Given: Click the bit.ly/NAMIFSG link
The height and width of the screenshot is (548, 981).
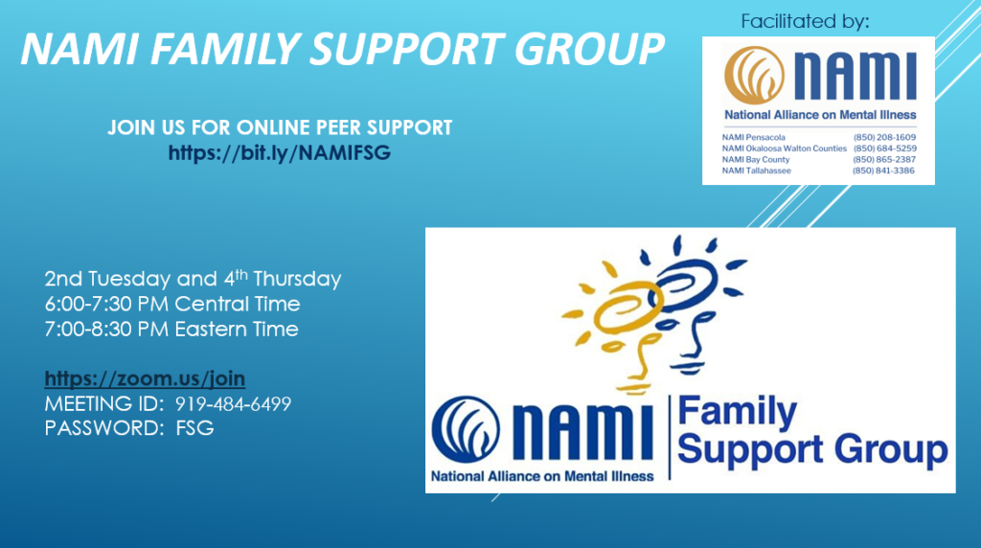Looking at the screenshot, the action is [x=279, y=152].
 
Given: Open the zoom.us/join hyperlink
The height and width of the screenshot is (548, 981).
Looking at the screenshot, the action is [x=145, y=378].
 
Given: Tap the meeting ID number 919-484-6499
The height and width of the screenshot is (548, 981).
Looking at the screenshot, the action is [x=233, y=404].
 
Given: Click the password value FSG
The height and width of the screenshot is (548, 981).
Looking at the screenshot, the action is [x=194, y=428].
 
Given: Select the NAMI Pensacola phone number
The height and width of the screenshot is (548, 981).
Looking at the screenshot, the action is [x=884, y=137].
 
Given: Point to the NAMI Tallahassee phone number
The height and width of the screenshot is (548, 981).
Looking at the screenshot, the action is [x=883, y=171].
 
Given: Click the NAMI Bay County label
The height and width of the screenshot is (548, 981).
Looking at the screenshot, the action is [x=756, y=160].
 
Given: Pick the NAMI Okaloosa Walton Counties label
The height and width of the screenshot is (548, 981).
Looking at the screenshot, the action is [x=784, y=148].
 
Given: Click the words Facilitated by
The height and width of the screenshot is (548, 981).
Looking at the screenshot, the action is [x=805, y=22].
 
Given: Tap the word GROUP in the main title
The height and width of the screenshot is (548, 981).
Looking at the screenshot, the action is [x=589, y=48].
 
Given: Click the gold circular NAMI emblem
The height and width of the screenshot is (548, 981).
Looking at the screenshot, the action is [x=755, y=75].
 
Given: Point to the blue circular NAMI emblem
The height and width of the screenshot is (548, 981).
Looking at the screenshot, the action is [x=466, y=428].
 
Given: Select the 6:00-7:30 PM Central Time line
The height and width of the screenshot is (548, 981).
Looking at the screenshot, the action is [x=172, y=304].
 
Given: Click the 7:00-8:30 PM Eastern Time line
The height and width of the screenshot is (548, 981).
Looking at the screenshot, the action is [x=171, y=329].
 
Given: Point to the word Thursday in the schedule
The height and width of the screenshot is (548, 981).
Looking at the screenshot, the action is [x=297, y=279].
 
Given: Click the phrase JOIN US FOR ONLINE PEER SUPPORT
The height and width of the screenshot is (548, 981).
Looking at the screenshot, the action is [x=280, y=127].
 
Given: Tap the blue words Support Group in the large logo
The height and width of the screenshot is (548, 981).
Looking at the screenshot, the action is [x=812, y=450].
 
